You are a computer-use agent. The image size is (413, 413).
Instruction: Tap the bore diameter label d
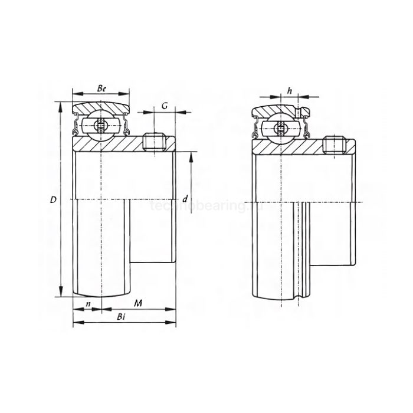[185, 199]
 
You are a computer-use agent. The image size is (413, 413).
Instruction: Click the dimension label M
[137, 303]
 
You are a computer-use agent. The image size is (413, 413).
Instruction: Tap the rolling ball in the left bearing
[101, 126]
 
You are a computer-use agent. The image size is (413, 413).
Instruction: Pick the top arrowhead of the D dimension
[61, 106]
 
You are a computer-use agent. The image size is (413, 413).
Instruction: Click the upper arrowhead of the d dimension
[192, 156]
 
